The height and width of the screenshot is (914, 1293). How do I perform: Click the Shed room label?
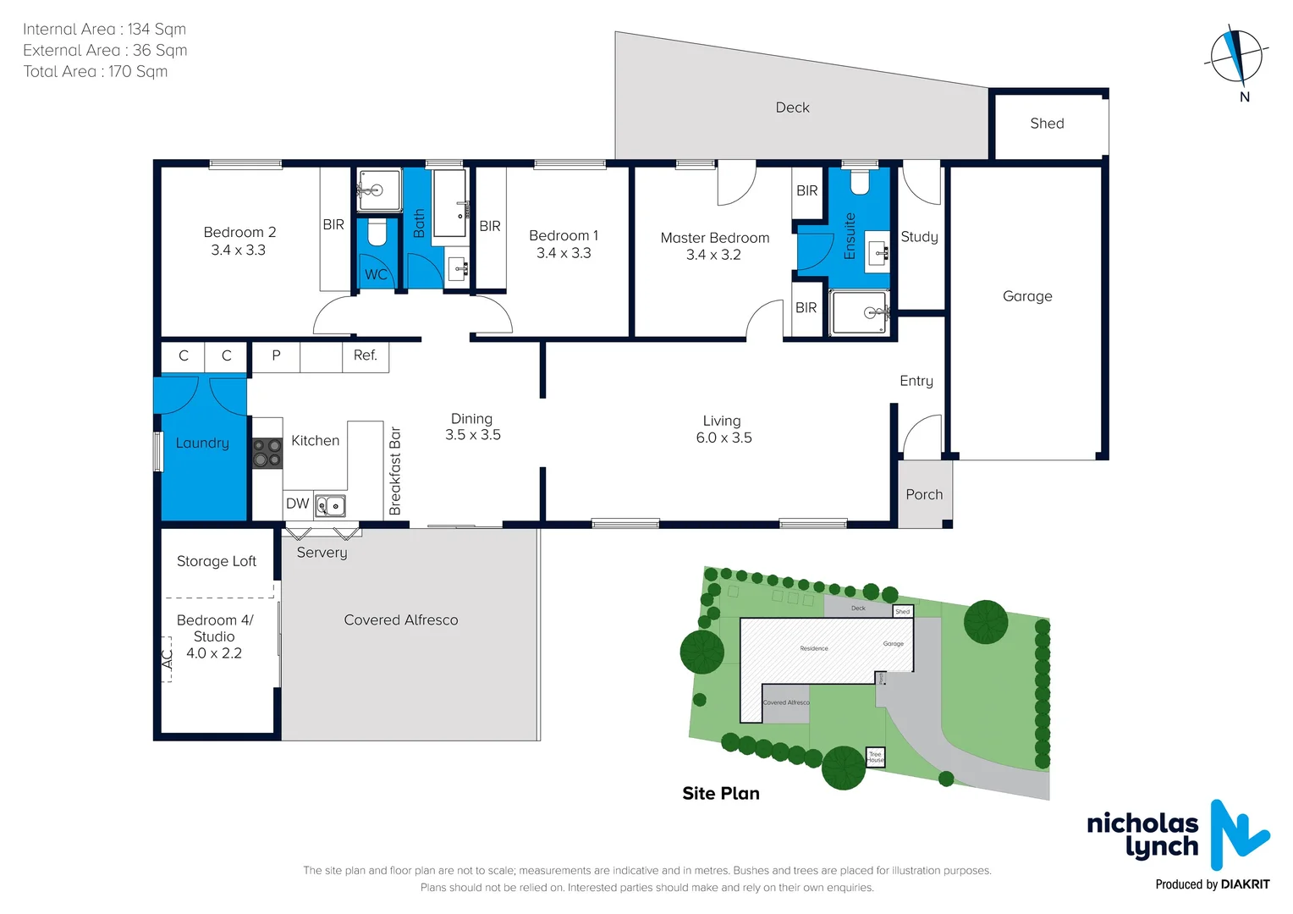1047,124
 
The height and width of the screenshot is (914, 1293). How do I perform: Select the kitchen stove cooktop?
267,453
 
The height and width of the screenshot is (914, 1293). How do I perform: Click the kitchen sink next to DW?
330,506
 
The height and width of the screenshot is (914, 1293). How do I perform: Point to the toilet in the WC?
377,234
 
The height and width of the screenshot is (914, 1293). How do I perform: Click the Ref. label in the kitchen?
366,355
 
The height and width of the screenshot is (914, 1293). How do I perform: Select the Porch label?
924,494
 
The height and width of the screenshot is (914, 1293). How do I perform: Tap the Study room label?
919,237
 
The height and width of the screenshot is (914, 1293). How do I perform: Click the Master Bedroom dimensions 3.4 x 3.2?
713,255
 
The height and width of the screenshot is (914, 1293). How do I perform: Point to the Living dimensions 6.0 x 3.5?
724,438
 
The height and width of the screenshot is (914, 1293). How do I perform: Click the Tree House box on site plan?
875,757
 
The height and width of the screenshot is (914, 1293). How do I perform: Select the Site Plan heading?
721,794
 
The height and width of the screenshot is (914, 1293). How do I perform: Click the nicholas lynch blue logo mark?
1236,834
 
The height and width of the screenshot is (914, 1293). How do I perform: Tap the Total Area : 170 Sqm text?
96,72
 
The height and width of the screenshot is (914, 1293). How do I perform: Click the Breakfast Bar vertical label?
395,471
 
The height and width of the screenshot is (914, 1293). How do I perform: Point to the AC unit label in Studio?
167,658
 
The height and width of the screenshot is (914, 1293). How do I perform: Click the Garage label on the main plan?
1027,296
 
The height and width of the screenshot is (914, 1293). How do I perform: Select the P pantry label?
276,355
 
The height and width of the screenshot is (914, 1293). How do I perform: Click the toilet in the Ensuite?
860,182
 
